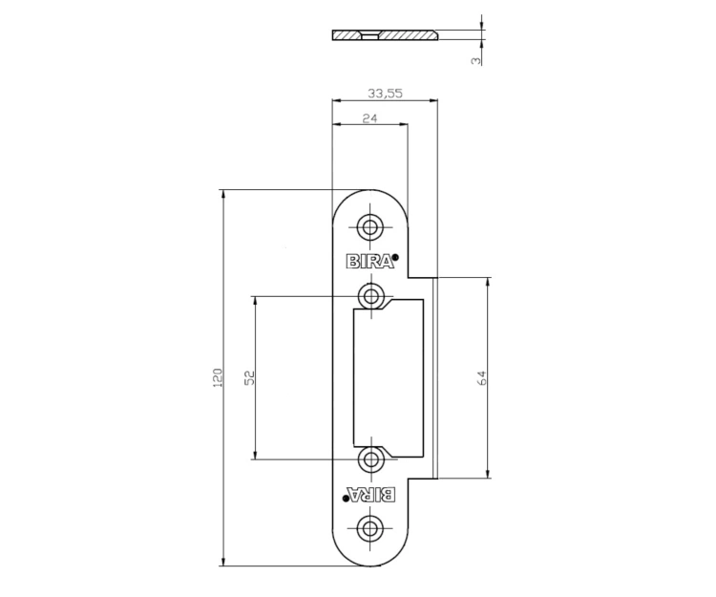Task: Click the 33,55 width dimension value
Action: tap(385, 94)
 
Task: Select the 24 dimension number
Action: tap(369, 118)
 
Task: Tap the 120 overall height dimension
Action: tap(218, 377)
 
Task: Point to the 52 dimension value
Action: tap(249, 377)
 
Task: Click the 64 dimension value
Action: tap(482, 377)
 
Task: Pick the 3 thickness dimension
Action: tap(476, 60)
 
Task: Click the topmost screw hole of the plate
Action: tap(370, 226)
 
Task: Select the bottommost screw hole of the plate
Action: tap(370, 528)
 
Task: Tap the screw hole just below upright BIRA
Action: tap(370, 296)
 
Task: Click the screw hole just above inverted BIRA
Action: tap(370, 459)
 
